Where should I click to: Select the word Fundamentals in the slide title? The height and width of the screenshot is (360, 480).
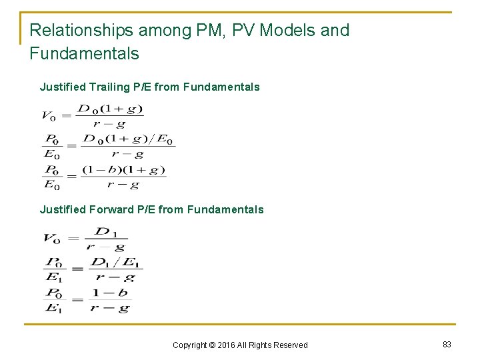click(x=84, y=53)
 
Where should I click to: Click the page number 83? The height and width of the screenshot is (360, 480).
click(x=447, y=344)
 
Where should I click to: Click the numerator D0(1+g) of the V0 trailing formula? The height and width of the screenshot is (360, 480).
click(x=110, y=109)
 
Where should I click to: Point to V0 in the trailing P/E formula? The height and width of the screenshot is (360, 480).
click(x=49, y=116)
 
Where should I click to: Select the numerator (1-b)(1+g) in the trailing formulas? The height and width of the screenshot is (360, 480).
click(x=123, y=170)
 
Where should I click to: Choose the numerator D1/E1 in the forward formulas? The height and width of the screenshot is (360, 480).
click(x=115, y=261)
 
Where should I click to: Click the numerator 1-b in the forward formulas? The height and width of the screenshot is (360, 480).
click(x=111, y=293)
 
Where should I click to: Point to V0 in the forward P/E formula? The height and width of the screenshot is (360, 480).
click(x=51, y=238)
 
